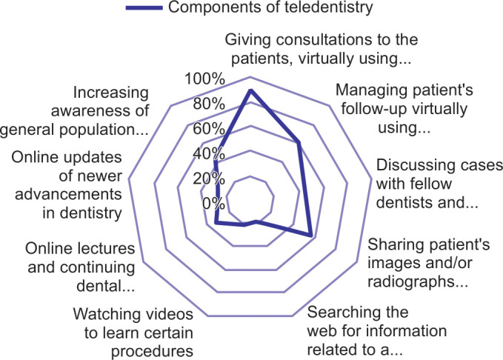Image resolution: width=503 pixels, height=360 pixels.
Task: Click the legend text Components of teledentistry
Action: pos(270,9)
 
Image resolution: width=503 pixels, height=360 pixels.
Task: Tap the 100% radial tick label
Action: pos(205,79)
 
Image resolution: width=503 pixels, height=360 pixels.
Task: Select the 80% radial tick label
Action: pos(208,104)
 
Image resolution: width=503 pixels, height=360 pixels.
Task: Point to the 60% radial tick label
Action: pos(208,129)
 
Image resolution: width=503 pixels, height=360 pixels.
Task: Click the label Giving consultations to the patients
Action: pos(322,46)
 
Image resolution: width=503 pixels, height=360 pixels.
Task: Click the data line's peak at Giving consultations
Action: pos(250,90)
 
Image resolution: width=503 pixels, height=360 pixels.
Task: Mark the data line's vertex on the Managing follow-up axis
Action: pos(299,142)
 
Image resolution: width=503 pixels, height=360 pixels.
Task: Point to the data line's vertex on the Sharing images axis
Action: pos(310,235)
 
